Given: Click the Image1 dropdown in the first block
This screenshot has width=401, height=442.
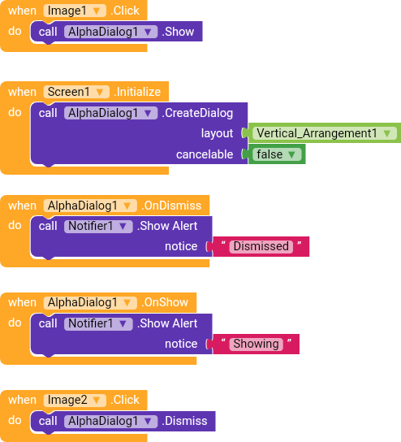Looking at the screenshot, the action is tap(75, 11).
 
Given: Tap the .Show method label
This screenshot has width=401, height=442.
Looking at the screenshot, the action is tap(178, 32).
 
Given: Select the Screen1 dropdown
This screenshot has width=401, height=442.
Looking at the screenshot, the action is tap(76, 92).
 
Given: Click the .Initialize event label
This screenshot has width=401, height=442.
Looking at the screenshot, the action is tap(137, 92).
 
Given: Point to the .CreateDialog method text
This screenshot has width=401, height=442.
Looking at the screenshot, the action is tap(197, 113).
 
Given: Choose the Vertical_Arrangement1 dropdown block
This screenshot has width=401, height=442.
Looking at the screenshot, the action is tap(325, 133).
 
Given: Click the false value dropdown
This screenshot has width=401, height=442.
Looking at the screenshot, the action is tap(277, 154).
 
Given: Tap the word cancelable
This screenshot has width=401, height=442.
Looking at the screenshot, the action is tap(205, 154).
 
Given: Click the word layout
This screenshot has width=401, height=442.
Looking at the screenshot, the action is tap(217, 133).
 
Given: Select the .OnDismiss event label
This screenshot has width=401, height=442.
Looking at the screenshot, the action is tap(171, 206).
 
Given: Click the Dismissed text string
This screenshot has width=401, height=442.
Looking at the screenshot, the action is tap(261, 246).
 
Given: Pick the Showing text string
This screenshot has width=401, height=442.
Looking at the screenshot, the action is tap(256, 344).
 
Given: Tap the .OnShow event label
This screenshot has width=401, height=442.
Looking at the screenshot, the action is tap(165, 302).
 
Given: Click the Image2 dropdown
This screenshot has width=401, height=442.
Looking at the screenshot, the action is tap(75, 400).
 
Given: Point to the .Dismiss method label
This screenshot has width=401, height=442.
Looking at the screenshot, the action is tap(184, 421).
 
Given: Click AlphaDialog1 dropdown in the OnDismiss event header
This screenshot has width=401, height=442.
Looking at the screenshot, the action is tap(90, 206).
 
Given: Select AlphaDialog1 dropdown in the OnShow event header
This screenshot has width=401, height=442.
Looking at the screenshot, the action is tap(90, 302).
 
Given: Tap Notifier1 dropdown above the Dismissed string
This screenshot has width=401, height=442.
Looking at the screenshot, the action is tap(98, 226).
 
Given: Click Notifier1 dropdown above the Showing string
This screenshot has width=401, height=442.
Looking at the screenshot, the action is tap(98, 323).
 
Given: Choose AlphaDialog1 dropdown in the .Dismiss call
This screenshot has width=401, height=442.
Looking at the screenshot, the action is tap(110, 421).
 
